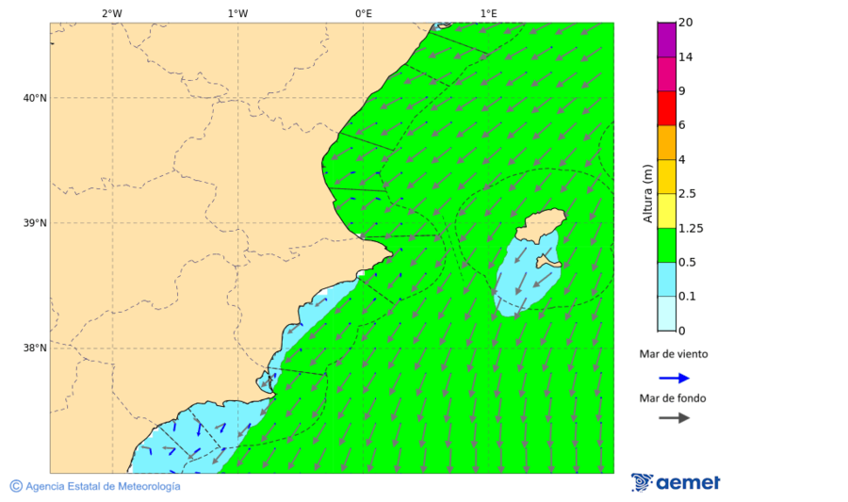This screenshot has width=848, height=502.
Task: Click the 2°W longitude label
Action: click(x=111, y=13)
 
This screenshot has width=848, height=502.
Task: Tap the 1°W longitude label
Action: click(x=237, y=13)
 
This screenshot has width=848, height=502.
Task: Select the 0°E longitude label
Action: click(x=363, y=13)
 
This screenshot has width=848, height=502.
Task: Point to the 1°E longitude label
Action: click(x=488, y=13)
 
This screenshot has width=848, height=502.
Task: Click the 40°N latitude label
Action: click(x=35, y=98)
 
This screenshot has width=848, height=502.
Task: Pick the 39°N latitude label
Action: click(x=35, y=223)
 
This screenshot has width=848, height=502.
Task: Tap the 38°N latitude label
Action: click(x=35, y=348)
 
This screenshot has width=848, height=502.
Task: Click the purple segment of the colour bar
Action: click(x=666, y=40)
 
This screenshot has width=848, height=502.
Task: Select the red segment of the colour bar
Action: click(x=666, y=108)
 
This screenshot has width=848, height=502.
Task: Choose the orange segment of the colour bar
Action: click(x=666, y=142)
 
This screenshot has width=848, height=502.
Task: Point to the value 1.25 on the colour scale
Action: click(x=692, y=228)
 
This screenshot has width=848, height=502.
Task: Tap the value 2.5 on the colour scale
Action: click(x=688, y=194)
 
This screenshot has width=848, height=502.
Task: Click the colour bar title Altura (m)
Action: click(x=647, y=192)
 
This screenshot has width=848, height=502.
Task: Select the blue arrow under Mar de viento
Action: click(x=674, y=378)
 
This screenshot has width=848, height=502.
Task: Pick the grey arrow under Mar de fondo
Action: click(x=674, y=417)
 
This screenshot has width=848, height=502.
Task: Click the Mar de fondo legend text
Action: click(x=673, y=397)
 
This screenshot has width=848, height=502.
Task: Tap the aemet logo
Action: click(x=676, y=482)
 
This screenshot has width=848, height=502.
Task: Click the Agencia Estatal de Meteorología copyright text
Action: click(x=95, y=486)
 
